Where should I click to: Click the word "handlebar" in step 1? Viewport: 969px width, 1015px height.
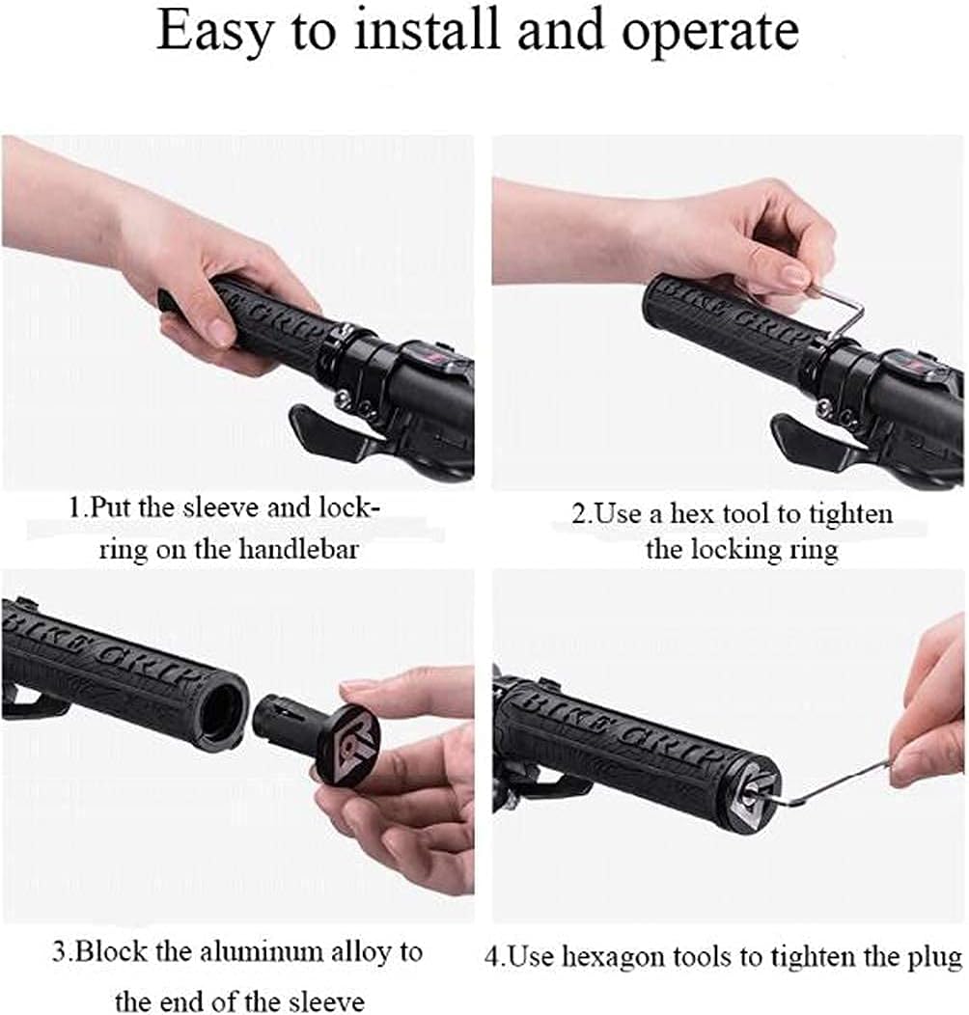pos(298,549)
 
